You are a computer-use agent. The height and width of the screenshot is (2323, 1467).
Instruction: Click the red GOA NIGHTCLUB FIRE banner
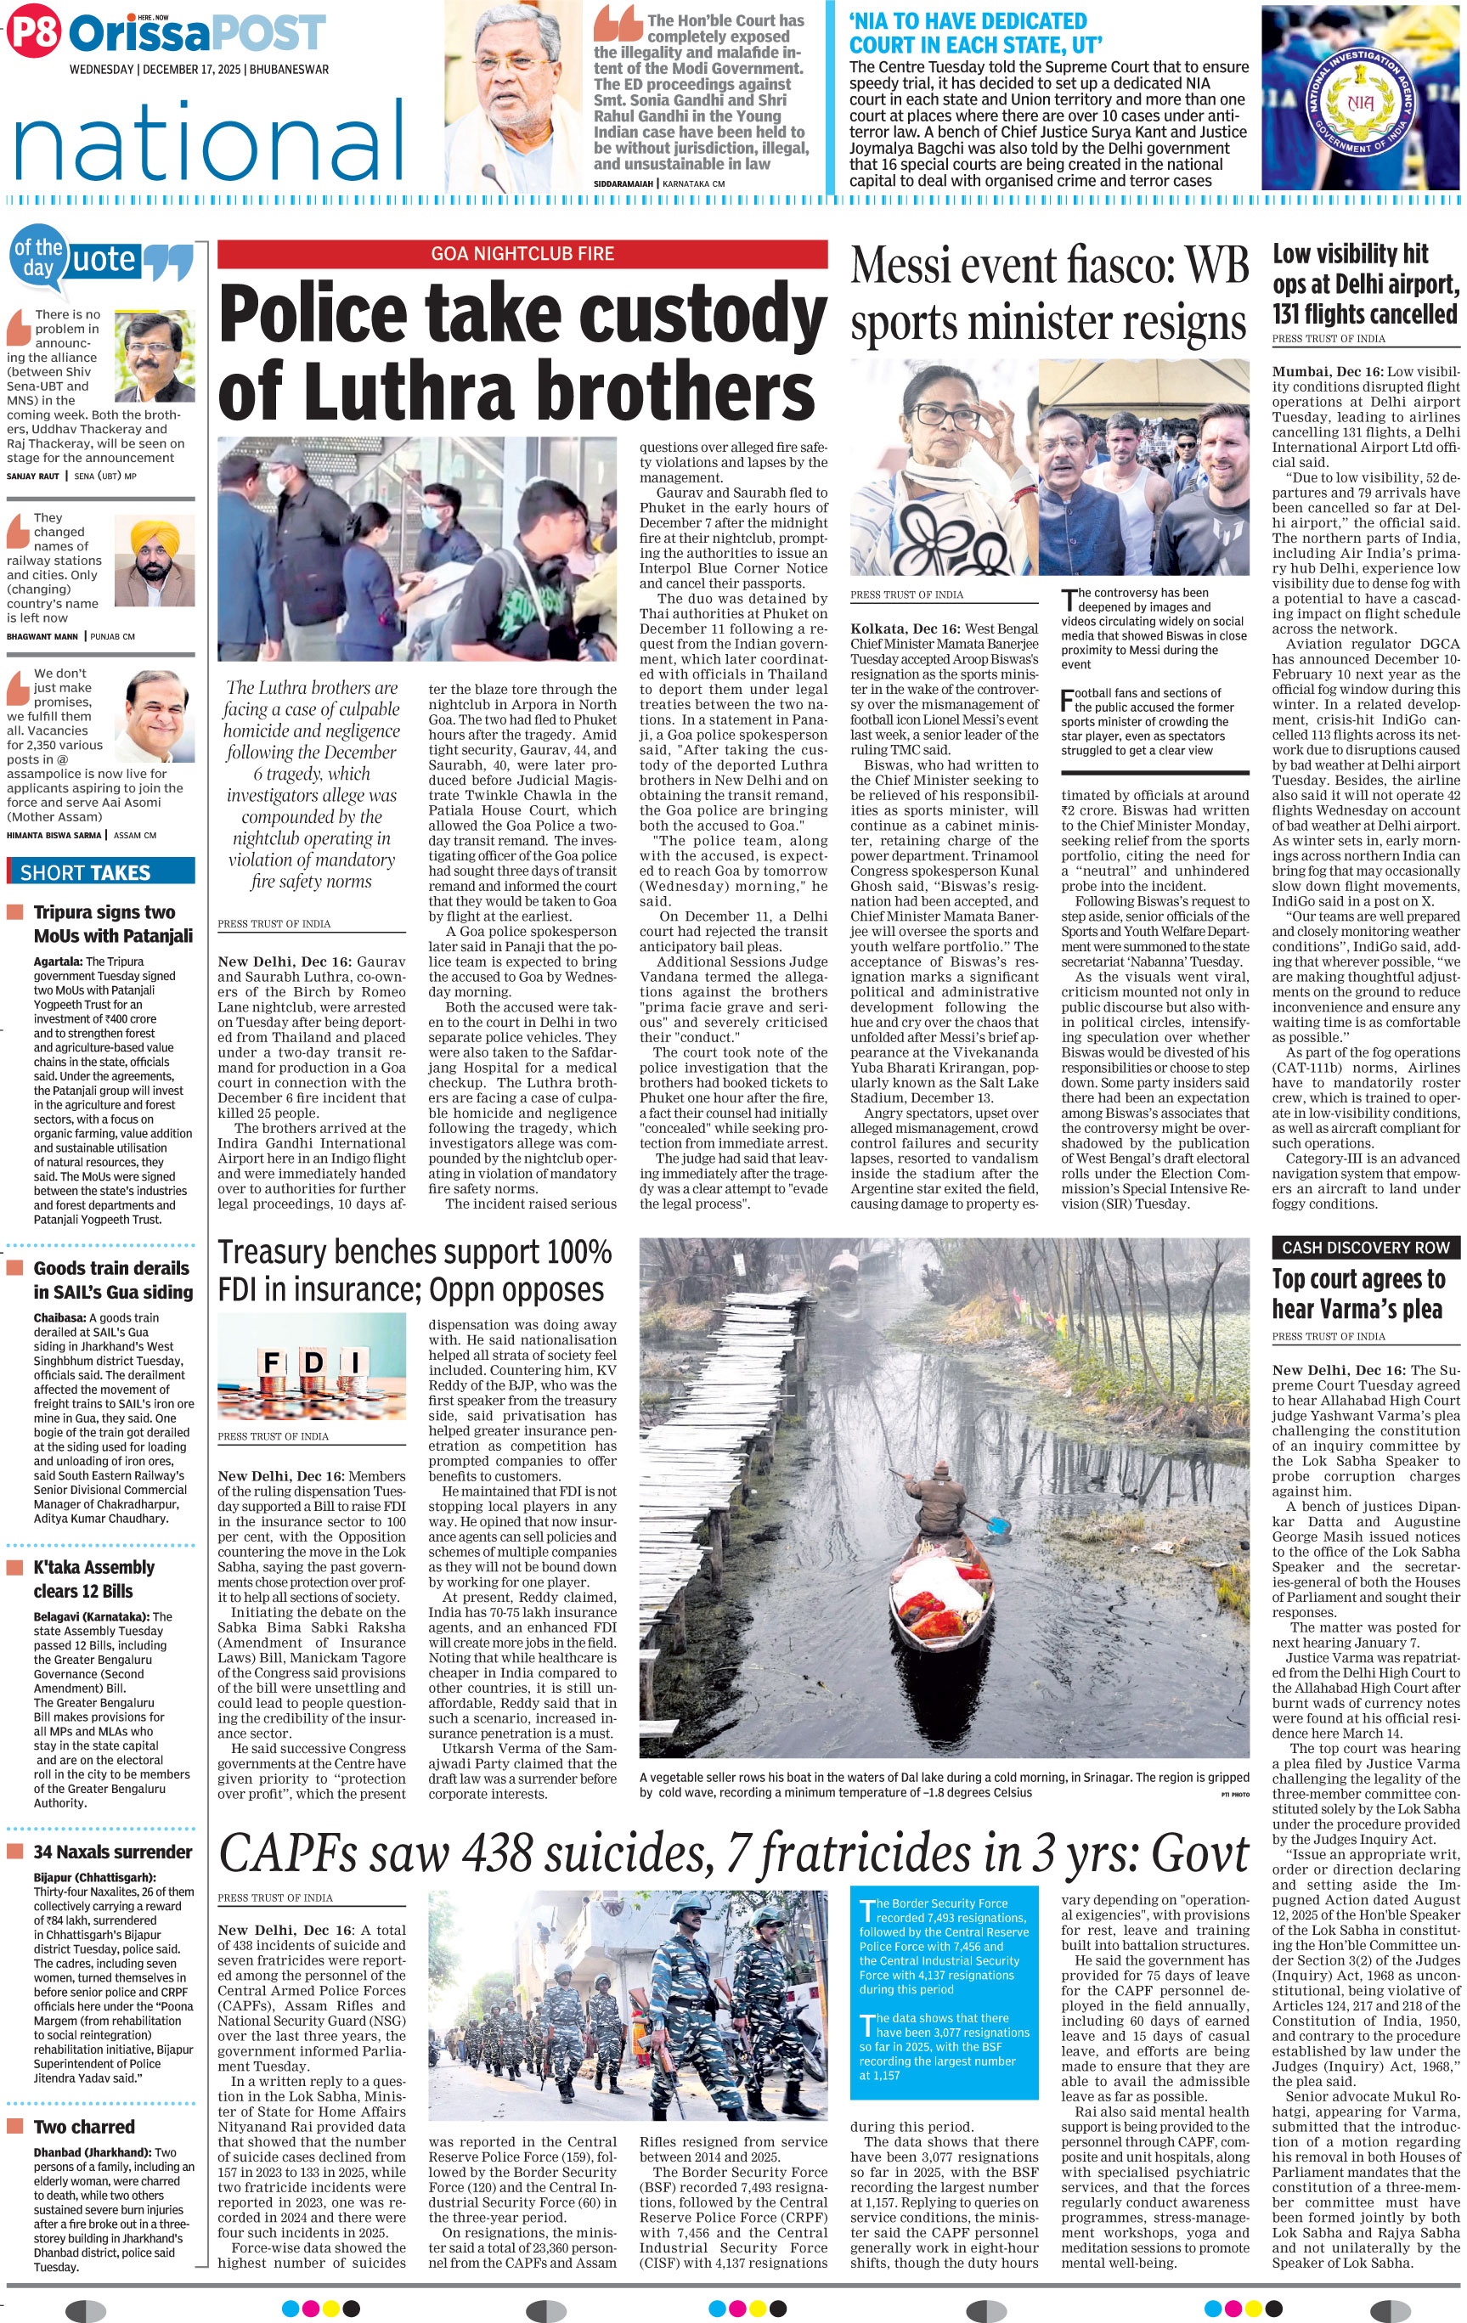click(x=522, y=254)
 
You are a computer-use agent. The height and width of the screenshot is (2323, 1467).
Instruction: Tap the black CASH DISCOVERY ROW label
click(x=1365, y=1248)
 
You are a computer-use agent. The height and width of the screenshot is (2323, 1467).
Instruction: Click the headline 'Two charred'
click(x=84, y=2126)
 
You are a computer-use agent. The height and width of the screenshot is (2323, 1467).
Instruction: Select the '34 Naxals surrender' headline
click(x=113, y=1852)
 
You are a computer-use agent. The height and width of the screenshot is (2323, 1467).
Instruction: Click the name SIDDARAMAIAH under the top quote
click(x=623, y=183)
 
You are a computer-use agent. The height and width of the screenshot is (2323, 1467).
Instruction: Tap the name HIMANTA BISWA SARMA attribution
click(x=54, y=834)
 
